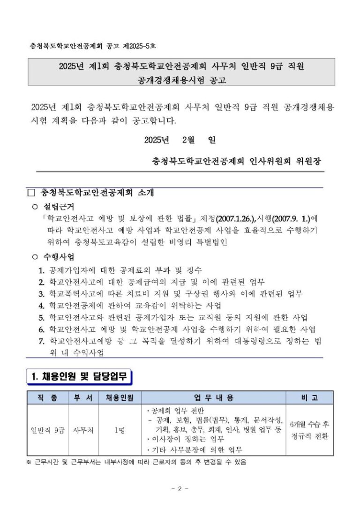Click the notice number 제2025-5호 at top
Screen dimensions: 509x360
click(140, 46)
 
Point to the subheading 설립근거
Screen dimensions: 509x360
click(59, 206)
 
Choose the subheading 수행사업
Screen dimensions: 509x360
click(59, 257)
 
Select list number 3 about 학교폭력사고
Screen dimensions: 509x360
click(41, 294)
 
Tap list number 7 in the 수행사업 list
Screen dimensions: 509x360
click(41, 341)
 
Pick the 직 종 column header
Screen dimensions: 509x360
click(47, 398)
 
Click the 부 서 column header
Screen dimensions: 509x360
click(83, 398)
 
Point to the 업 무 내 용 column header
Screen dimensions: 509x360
click(214, 398)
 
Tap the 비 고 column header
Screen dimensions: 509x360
click(310, 398)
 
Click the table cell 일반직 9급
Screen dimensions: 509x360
click(47, 430)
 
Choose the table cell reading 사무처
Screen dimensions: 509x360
click(83, 430)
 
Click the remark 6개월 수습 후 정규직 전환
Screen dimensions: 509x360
click(310, 430)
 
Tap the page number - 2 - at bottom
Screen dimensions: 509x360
click(180, 489)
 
